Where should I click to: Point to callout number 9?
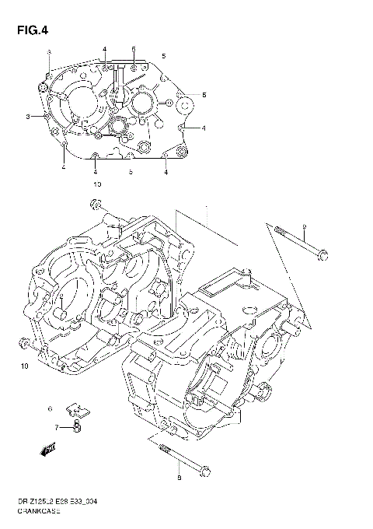coord(305,226)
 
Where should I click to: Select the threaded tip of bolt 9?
coord(277,229)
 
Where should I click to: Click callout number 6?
coord(50,408)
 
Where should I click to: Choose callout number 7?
coord(56,427)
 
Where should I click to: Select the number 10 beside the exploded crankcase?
coord(23,366)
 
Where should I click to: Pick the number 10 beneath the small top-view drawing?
coord(96,184)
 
